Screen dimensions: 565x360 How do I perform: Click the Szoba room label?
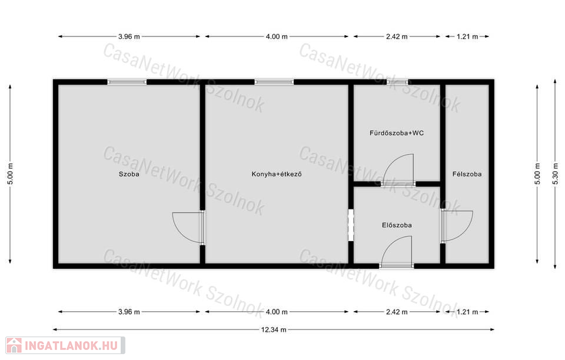[129, 174]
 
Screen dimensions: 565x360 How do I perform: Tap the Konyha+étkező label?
[277, 174]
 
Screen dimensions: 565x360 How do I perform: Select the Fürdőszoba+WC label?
[396, 133]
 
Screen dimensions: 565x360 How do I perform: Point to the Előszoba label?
[397, 225]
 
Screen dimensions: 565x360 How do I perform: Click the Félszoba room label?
[467, 174]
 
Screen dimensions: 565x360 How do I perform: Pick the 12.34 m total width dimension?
[274, 329]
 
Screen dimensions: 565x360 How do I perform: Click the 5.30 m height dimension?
[555, 174]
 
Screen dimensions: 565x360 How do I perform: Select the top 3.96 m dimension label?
[129, 36]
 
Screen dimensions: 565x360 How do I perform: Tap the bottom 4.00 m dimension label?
[277, 312]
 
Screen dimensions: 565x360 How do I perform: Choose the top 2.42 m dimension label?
[397, 36]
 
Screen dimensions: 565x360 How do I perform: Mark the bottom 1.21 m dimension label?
[467, 312]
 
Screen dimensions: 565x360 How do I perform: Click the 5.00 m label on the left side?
[11, 174]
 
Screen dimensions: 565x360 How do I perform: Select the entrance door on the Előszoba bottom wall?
[396, 252]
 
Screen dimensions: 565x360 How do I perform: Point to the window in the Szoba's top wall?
[127, 82]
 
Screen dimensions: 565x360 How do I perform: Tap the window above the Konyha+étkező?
[274, 82]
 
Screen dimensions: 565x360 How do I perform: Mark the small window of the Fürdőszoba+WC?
[397, 82]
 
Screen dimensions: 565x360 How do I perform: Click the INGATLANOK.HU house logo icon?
[14, 346]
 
